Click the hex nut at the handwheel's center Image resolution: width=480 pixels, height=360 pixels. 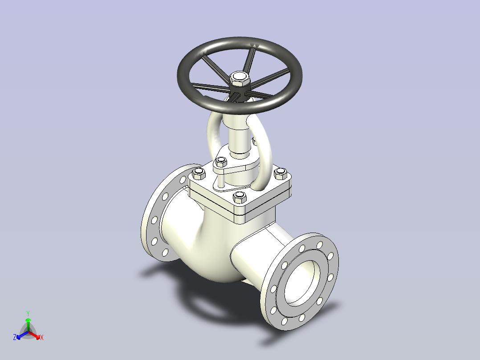coord(240,79)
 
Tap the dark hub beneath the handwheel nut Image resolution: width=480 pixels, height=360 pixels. coord(240,92)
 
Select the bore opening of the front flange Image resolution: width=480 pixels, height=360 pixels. coord(302,283)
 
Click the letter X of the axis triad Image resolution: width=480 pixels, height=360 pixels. coord(42,337)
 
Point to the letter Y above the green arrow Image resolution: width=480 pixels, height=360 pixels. coord(28,313)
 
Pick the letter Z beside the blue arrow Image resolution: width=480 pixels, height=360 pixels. coord(15,337)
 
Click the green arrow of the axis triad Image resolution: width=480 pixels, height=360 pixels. coord(28,325)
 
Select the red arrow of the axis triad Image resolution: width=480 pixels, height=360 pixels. coord(34,335)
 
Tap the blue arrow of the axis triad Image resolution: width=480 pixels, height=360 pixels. coord(22,335)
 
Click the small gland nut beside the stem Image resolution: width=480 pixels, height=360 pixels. coord(221,161)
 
